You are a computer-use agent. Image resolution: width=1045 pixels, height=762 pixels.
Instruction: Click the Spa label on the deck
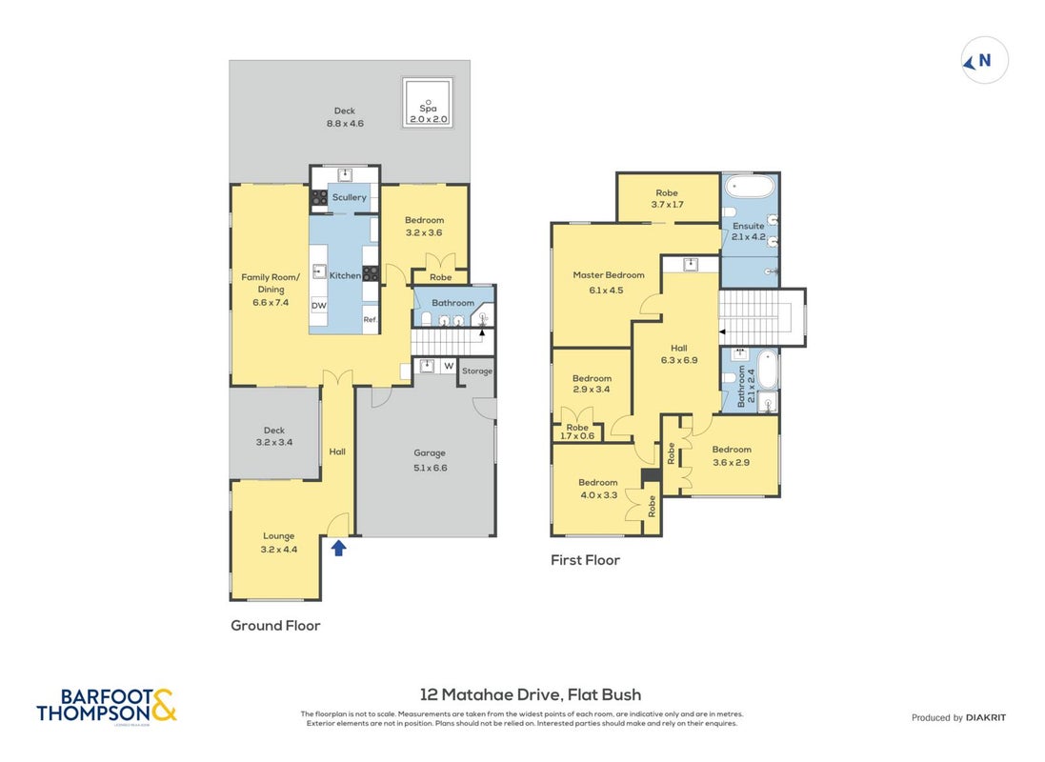coord(428,108)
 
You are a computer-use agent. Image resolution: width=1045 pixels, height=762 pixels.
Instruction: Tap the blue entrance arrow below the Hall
coord(338,548)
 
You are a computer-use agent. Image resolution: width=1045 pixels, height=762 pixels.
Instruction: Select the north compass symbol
coord(984,61)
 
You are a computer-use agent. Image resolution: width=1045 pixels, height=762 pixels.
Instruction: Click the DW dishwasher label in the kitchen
coord(319,306)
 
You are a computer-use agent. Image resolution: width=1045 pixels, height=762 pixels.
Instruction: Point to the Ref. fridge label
coord(371,319)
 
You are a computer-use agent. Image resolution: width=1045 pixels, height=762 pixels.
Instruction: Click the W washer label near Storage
coord(449,366)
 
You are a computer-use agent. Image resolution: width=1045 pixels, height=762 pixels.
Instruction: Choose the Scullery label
coord(350,197)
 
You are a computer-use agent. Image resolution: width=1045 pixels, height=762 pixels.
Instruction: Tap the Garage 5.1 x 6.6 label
coord(430,460)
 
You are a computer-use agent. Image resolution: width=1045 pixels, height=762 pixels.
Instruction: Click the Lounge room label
coord(278,536)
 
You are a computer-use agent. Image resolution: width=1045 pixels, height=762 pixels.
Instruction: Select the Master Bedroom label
coord(609,274)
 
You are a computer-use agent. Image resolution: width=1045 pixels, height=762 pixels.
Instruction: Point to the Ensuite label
coord(749,226)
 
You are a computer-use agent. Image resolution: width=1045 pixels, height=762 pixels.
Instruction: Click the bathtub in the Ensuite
coord(750,186)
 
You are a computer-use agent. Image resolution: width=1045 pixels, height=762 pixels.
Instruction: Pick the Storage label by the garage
coord(477,371)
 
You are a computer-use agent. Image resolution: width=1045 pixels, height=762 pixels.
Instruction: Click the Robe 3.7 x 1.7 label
coord(667,199)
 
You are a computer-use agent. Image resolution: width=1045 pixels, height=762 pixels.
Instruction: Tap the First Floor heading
coord(585,560)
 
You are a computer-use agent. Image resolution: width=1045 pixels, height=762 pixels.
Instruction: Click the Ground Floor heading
coord(275,626)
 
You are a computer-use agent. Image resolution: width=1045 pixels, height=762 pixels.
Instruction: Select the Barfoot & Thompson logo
coord(107,706)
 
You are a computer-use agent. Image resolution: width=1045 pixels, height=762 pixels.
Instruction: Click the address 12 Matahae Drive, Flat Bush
coord(531,694)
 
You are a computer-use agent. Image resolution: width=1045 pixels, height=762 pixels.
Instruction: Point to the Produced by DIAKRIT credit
coord(958,717)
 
